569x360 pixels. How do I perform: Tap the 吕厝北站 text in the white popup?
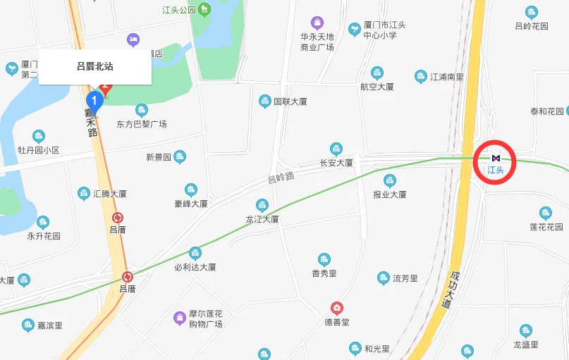(94, 67)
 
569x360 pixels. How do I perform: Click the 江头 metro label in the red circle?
(496, 169)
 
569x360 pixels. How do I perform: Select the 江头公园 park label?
(178, 11)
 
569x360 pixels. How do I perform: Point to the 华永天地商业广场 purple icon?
(317, 23)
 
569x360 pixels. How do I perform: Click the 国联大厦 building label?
(290, 101)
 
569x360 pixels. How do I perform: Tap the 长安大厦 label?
(336, 163)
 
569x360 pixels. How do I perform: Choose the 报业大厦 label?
(390, 194)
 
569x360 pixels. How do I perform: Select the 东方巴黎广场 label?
(142, 124)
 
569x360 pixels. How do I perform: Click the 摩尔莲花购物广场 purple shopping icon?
(180, 317)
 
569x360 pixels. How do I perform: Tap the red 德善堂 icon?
(338, 309)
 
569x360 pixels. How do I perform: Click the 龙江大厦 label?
(262, 219)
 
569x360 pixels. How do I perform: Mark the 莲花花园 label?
(546, 227)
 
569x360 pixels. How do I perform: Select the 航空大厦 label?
(377, 87)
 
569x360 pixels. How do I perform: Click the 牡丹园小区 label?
(39, 150)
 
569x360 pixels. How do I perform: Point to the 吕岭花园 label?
(532, 26)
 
